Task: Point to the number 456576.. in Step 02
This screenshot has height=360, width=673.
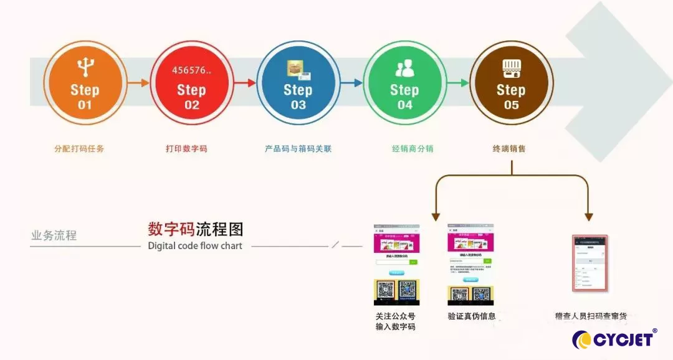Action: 191,70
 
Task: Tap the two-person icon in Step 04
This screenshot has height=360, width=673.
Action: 404,67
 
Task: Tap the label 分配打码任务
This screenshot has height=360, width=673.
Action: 79,149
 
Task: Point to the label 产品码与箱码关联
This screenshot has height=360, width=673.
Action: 298,149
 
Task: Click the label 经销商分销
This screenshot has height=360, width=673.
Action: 413,149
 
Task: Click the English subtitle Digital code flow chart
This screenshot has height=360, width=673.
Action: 195,245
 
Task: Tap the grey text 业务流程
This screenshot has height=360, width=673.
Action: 54,235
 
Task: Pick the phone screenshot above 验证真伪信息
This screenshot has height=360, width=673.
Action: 471,264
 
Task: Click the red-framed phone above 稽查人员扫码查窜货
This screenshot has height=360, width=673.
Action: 589,263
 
